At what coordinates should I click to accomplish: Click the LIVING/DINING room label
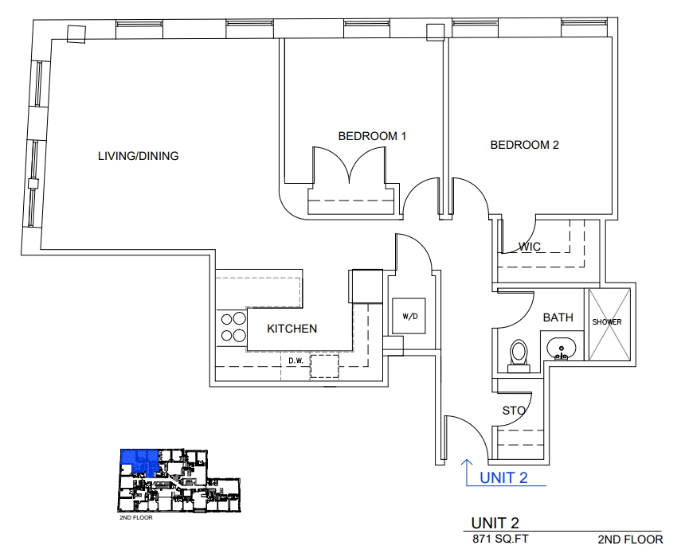138,156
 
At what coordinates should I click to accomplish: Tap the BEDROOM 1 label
372,136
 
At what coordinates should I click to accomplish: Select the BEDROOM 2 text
524,145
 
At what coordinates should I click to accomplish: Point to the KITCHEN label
292,329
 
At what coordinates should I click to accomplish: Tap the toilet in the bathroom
519,354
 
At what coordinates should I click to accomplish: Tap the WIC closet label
530,247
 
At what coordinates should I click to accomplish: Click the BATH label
558,317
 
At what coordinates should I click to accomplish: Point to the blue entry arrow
467,470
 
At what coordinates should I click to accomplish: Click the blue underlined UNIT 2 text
503,478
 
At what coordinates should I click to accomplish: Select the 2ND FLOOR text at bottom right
630,539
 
